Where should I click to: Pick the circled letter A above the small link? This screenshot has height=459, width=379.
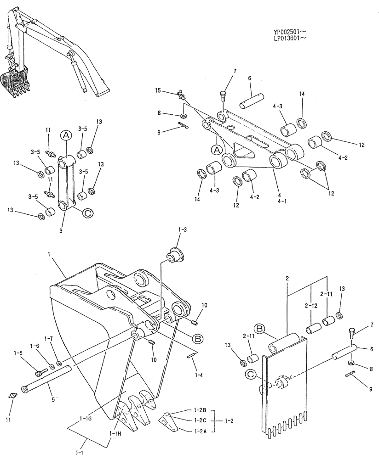click(66, 135)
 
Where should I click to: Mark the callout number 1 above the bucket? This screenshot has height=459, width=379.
click(49, 253)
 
